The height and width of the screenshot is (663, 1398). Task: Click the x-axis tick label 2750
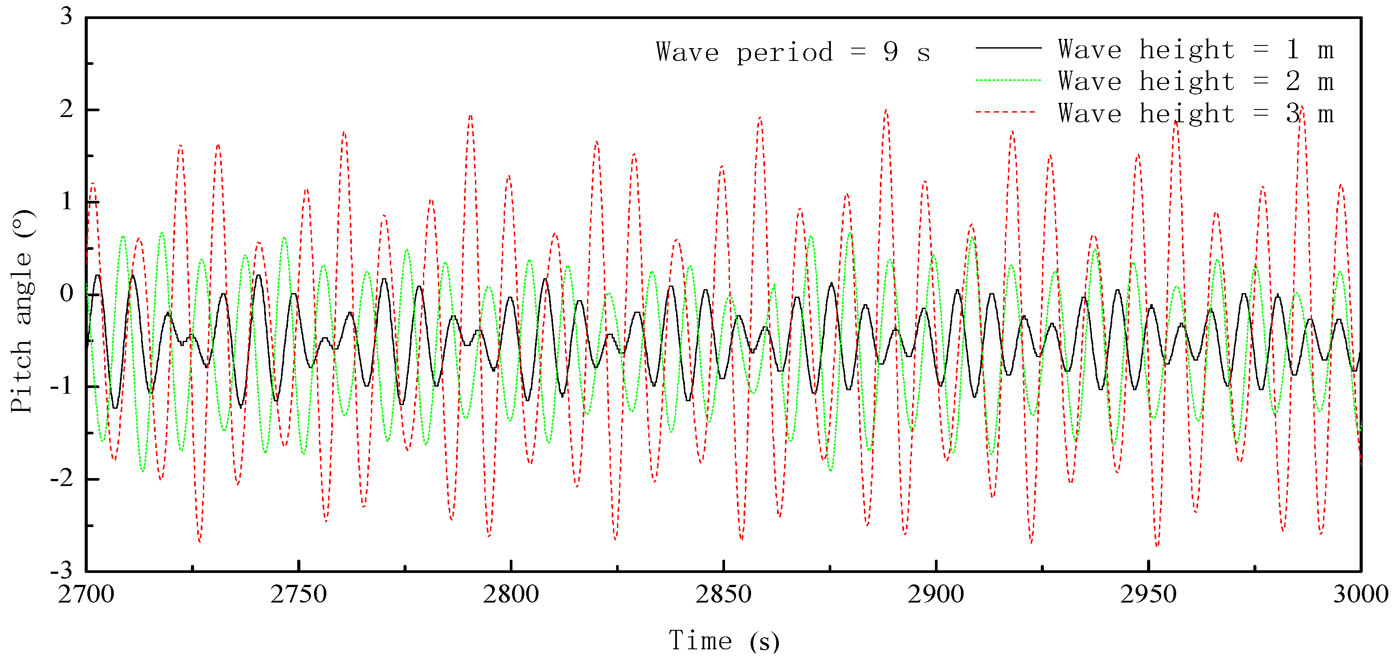(298, 594)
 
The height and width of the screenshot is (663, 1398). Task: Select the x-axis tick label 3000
(1360, 594)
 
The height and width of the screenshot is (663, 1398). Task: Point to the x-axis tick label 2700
(86, 594)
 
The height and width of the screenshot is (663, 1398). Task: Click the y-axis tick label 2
(66, 109)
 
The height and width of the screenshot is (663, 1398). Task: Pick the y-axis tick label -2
(62, 479)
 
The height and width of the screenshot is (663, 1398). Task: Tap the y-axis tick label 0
(66, 294)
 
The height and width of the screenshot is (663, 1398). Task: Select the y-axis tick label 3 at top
(66, 16)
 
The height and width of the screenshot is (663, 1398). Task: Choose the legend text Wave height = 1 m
(1195, 49)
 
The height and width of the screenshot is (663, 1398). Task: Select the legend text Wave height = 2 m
(1195, 82)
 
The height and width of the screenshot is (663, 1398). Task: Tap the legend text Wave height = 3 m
(1195, 113)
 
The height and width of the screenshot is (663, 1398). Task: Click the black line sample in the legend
(1008, 48)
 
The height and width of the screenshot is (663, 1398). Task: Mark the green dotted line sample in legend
(1008, 80)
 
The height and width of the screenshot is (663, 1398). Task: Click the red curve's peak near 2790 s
(470, 116)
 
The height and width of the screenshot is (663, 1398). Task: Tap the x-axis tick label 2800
(510, 594)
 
